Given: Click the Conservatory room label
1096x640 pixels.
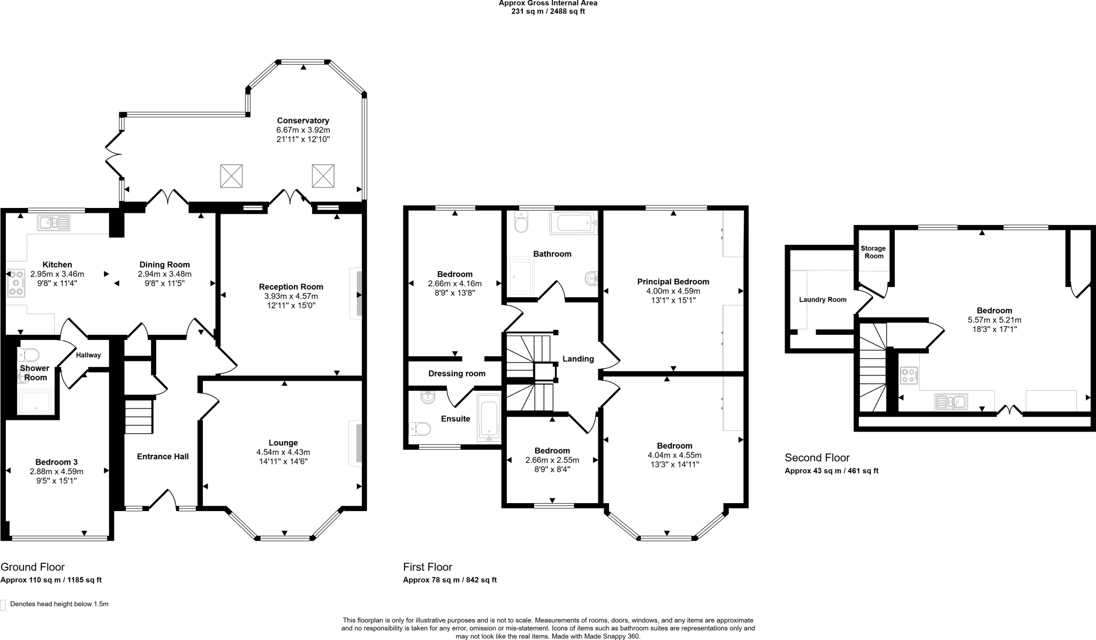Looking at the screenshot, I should click(303, 121).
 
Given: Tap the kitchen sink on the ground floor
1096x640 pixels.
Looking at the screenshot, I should click(54, 222).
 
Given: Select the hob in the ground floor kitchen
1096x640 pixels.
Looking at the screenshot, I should click(17, 282).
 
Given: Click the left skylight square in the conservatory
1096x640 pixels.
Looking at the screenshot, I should click(231, 176).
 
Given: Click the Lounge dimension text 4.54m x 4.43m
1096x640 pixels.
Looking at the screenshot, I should click(283, 452).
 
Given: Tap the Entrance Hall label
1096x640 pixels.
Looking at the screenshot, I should click(163, 457).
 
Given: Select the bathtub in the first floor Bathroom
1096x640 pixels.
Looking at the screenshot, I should click(573, 222).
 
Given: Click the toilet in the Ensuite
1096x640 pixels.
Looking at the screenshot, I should click(421, 429).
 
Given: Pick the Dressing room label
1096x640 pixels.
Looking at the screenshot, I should click(456, 374).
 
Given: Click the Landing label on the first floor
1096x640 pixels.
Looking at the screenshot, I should click(578, 359).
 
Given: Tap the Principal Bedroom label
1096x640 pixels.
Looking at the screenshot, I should click(673, 282).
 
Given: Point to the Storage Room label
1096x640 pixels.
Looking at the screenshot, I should click(873, 252).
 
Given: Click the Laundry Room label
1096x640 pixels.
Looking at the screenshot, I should click(823, 300).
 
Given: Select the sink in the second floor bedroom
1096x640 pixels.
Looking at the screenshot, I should click(950, 401).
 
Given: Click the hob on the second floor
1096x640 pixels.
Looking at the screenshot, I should click(908, 375).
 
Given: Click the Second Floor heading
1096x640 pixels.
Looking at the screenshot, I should click(817, 458).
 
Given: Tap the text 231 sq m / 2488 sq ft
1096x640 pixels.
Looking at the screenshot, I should click(548, 11).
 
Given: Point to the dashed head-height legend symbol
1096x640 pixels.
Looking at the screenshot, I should click(3, 605).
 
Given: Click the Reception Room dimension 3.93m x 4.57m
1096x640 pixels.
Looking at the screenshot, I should click(291, 296).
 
